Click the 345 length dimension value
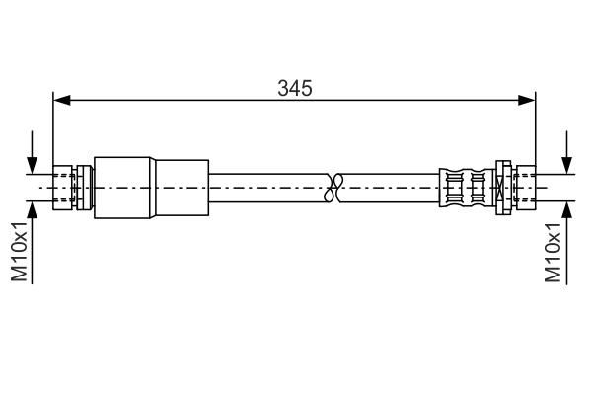point(294,88)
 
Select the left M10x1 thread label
point(20,251)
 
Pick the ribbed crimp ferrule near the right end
point(465,185)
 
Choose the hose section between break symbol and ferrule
point(390,185)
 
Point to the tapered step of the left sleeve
point(153,185)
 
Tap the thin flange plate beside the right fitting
point(501,185)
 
